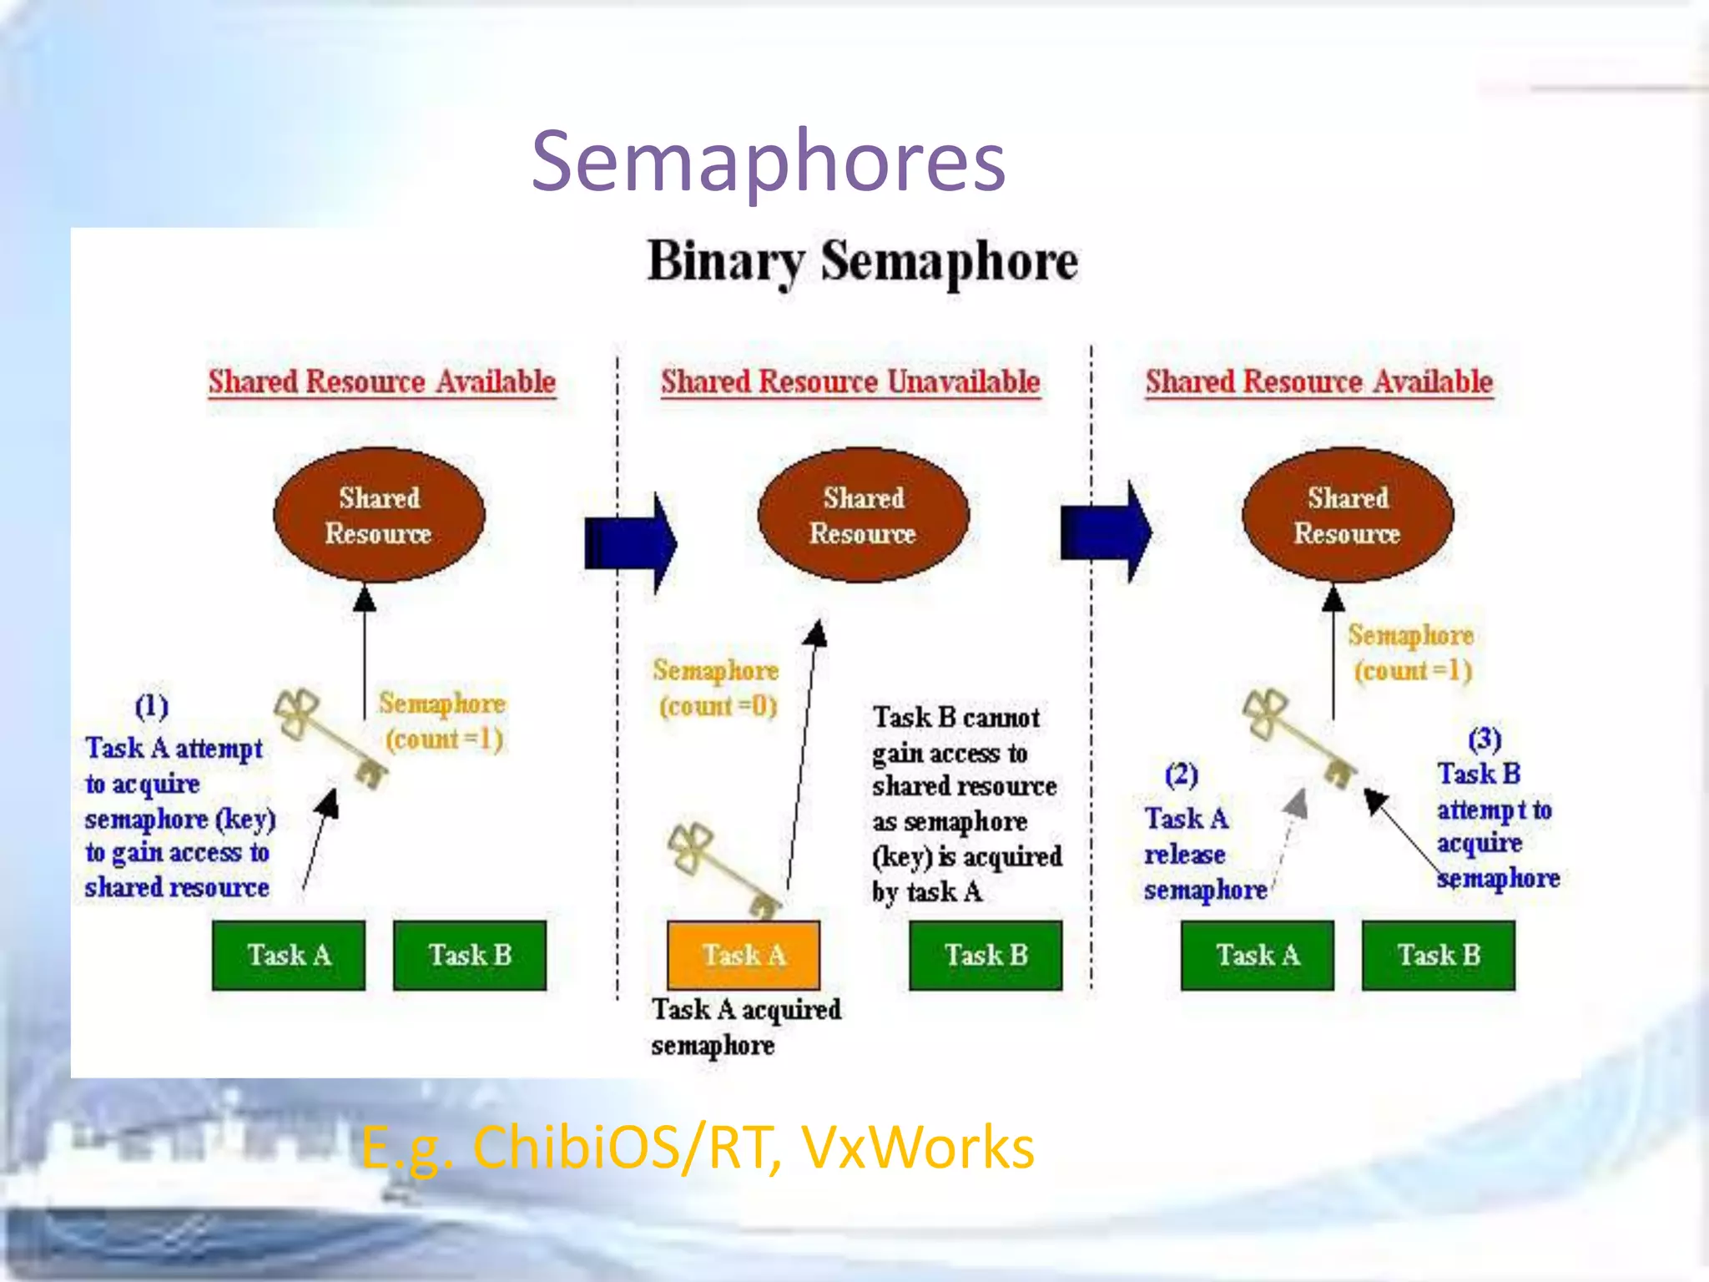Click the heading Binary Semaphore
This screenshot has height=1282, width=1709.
[862, 262]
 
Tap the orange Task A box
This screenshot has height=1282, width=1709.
[743, 955]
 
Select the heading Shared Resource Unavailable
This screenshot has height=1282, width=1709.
[850, 382]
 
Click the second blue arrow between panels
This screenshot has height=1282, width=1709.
[1106, 532]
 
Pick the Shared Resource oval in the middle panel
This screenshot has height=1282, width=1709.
[863, 515]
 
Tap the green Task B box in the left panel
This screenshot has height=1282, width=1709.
[469, 955]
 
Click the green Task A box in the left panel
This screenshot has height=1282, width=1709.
[289, 955]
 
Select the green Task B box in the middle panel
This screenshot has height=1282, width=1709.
[986, 955]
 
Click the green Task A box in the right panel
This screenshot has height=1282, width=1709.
[1257, 955]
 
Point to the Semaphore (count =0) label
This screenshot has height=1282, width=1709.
[716, 688]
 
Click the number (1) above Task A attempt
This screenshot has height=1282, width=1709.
[152, 706]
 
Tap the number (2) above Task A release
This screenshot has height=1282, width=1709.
[1181, 775]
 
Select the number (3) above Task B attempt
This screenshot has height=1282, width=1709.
[1484, 739]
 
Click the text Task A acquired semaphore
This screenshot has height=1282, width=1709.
[745, 1027]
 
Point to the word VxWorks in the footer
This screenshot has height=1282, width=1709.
[918, 1148]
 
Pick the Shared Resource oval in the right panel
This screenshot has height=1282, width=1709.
[1347, 515]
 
